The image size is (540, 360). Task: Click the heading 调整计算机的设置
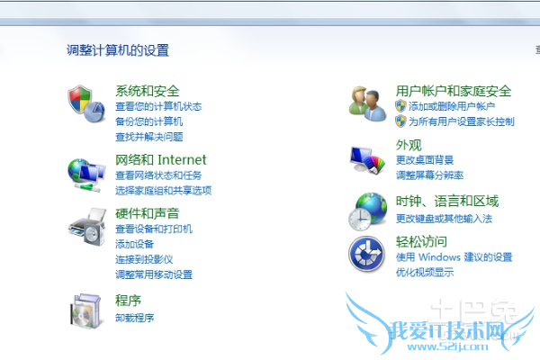(x=118, y=50)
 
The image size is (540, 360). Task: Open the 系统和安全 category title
(x=147, y=91)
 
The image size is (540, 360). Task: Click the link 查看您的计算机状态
(x=158, y=106)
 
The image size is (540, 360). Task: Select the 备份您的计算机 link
(x=148, y=121)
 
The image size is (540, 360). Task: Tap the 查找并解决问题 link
(x=148, y=137)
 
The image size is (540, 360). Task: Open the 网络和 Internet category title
(x=160, y=160)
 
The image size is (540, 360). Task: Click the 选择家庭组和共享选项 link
(x=163, y=190)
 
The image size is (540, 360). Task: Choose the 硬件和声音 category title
(x=147, y=213)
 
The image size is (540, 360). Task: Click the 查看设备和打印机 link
(x=153, y=229)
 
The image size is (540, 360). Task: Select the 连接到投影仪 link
(x=144, y=259)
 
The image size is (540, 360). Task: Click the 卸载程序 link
(x=134, y=317)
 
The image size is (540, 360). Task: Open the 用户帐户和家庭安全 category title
(x=454, y=91)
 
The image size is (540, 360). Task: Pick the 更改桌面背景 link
(x=425, y=159)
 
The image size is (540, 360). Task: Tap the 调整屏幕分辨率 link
(x=430, y=175)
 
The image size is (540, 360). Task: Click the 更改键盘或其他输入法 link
(x=444, y=218)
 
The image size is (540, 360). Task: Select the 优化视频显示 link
(x=425, y=272)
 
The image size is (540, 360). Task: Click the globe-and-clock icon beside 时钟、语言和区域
(x=368, y=211)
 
